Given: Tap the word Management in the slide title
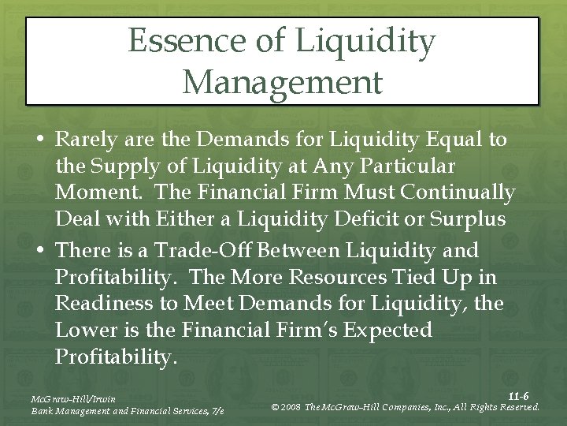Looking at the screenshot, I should click(x=282, y=81).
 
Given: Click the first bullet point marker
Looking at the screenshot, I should click(x=40, y=140).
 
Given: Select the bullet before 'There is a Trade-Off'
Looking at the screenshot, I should click(x=40, y=251).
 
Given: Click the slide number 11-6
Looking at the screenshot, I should click(x=517, y=395).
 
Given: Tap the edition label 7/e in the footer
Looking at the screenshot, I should click(x=217, y=412).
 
